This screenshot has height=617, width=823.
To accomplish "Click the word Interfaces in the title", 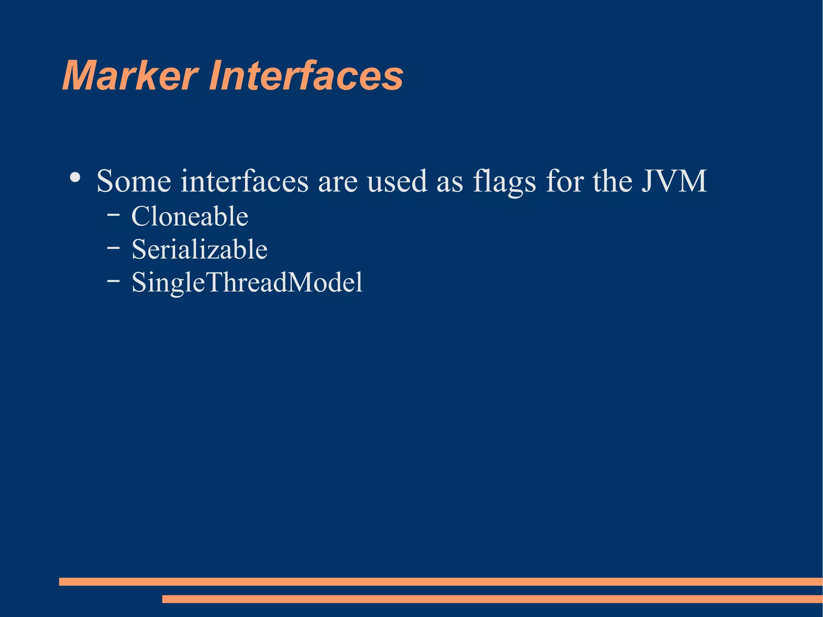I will [x=305, y=76].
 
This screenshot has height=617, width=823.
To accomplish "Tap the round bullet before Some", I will [x=75, y=177].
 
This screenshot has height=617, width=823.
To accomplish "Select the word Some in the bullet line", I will [x=133, y=181].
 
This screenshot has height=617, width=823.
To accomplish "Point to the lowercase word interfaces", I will [x=244, y=181].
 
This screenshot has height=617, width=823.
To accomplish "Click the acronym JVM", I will [x=674, y=181].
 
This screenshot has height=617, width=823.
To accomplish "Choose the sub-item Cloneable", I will [x=190, y=216].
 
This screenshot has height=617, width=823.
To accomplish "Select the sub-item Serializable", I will [x=199, y=249].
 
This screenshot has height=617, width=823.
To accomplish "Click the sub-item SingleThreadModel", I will [x=247, y=282].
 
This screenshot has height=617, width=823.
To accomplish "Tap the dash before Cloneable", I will [x=113, y=215].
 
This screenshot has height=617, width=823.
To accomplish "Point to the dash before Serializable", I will [x=113, y=248].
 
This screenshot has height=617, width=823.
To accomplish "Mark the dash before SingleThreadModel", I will [x=113, y=281].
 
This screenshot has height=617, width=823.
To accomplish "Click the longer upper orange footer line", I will [x=440, y=581].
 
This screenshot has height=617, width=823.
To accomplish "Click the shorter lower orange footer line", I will [x=492, y=599].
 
